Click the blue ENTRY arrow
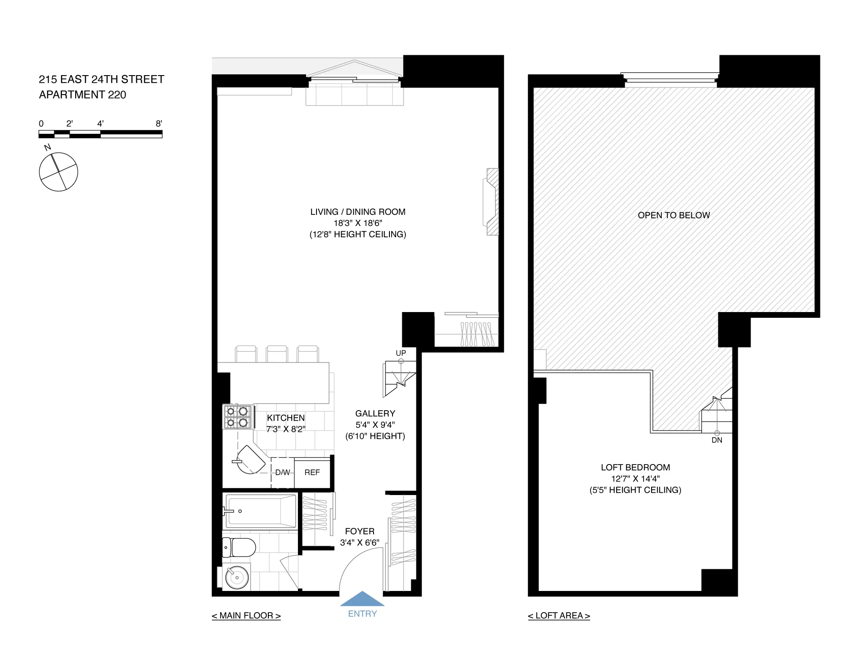[362, 599]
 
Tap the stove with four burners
[237, 417]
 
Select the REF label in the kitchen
[312, 472]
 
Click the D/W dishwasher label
[282, 472]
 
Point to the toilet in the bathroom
[240, 548]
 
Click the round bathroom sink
[237, 577]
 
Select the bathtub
[261, 511]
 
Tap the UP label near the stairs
[400, 353]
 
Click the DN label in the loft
[717, 440]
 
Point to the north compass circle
[58, 172]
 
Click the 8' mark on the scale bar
[159, 124]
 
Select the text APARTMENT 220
[83, 95]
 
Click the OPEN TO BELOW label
[673, 215]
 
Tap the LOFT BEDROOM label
[635, 467]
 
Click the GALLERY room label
[375, 413]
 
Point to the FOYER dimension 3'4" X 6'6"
[359, 542]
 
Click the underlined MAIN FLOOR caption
[246, 616]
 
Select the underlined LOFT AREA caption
[559, 616]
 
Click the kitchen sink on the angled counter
[250, 460]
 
